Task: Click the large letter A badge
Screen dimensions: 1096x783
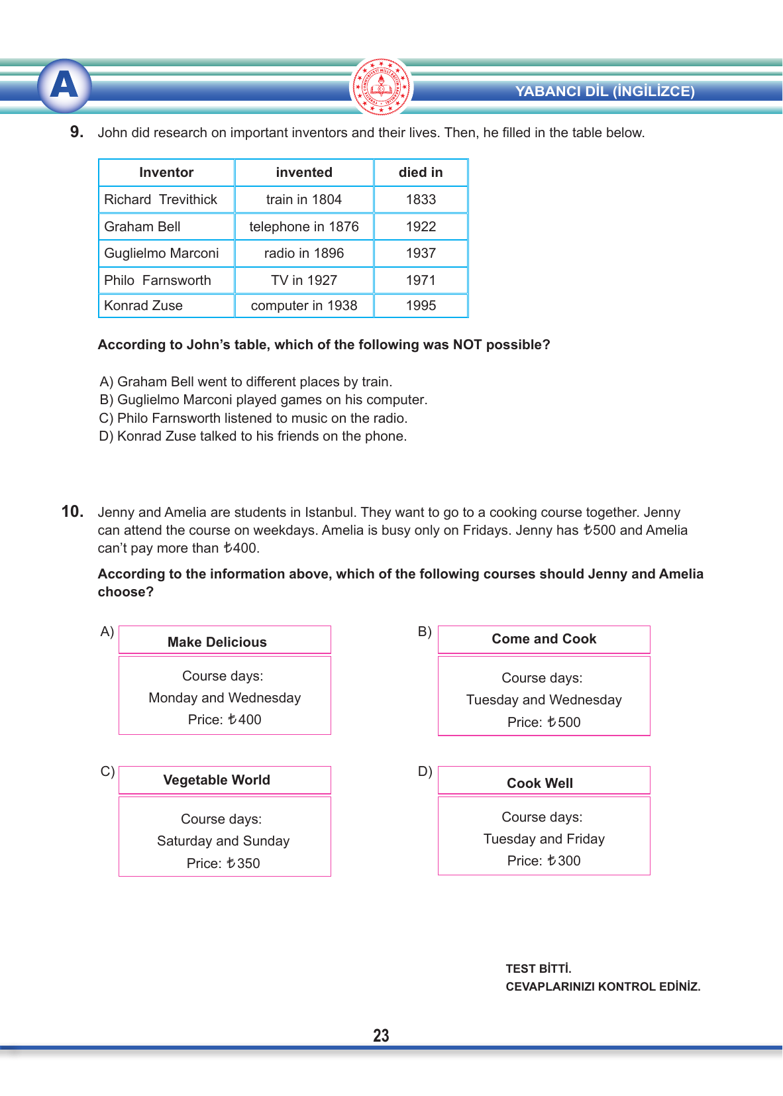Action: point(64,85)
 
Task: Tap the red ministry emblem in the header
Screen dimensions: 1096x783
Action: point(381,87)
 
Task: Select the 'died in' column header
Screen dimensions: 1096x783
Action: point(421,172)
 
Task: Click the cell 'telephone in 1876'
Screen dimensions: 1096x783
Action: point(304,227)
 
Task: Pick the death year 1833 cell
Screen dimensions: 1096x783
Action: point(421,199)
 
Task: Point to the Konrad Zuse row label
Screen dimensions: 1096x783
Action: point(143,305)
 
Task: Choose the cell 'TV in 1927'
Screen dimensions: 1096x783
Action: point(304,280)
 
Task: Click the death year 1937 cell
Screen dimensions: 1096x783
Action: point(421,253)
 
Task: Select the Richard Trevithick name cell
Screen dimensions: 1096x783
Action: point(160,199)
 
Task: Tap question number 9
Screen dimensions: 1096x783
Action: point(77,132)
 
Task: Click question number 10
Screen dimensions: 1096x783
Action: point(72,512)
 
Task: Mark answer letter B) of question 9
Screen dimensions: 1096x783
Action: point(106,400)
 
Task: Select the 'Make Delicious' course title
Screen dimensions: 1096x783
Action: point(217,642)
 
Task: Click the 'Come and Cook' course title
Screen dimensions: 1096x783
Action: point(544,639)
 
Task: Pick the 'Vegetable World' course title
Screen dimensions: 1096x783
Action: point(217,780)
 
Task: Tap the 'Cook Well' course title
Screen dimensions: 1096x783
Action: point(540,783)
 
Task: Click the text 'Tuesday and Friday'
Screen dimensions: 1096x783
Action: point(544,839)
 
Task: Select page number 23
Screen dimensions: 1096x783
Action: point(381,1036)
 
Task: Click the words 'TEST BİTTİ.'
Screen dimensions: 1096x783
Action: point(539,969)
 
